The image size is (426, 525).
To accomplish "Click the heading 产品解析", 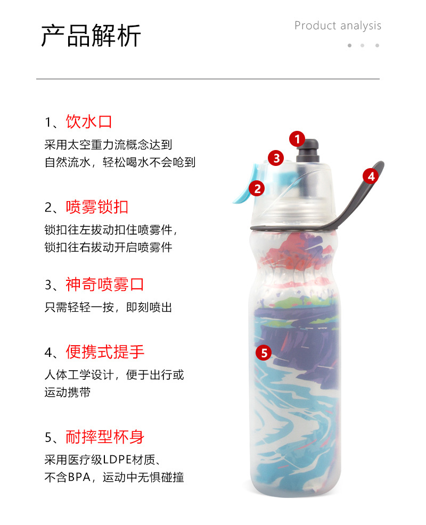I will pyautogui.click(x=91, y=36).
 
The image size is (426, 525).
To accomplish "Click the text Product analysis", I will pyautogui.click(x=338, y=26).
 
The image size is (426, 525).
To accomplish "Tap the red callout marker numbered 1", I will pyautogui.click(x=297, y=139).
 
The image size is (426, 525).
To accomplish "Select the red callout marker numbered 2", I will pyautogui.click(x=257, y=188).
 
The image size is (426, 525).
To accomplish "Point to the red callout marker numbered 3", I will pyautogui.click(x=275, y=158).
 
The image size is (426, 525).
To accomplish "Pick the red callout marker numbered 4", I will pyautogui.click(x=371, y=176).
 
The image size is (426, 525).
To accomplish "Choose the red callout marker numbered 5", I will pyautogui.click(x=264, y=352).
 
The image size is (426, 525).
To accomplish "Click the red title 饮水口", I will pyautogui.click(x=89, y=121).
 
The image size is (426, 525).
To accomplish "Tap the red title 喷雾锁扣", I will pyautogui.click(x=97, y=207).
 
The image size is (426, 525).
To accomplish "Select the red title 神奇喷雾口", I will pyautogui.click(x=105, y=284).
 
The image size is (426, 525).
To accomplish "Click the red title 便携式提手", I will pyautogui.click(x=105, y=352).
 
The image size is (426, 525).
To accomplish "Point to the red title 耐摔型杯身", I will pyautogui.click(x=105, y=437).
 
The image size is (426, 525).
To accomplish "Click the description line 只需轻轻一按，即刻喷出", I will pyautogui.click(x=108, y=307).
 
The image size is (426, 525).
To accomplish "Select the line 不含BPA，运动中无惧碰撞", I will pyautogui.click(x=114, y=477).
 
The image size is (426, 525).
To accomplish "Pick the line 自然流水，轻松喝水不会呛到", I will pyautogui.click(x=120, y=162).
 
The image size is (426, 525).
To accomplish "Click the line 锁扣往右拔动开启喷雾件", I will pyautogui.click(x=108, y=247).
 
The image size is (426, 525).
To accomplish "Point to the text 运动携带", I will pyautogui.click(x=67, y=393).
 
